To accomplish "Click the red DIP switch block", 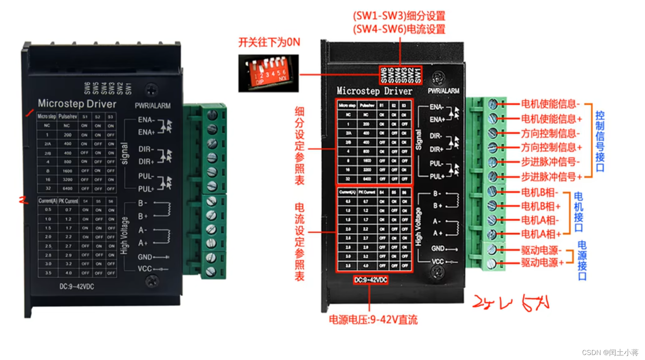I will pos(268,73).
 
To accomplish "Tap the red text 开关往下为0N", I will pos(269,42).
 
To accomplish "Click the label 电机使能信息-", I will pos(550,104).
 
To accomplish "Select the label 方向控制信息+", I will pos(551,147).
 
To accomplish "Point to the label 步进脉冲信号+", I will pos(551,177).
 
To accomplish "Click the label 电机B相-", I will pos(539,192).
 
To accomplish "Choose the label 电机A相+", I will pos(541,234).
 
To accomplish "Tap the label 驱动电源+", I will pos(542,262).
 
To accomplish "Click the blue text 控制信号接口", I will pos(600,141).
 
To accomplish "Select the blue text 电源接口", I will pos(582,261).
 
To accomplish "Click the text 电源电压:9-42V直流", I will pos(373,320).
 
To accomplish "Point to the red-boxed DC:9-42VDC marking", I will pos(371,280).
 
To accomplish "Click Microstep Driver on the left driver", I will pos(77,103).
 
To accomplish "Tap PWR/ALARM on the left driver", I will pos(152,106).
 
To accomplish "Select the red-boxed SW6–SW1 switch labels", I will pos(401,75).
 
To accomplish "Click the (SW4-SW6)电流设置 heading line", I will pos(399,29).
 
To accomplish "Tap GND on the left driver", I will pos(145,257).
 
